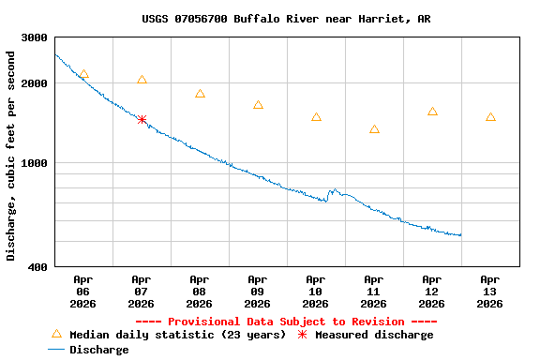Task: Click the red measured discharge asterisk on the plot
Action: pos(142,119)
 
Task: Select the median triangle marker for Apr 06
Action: pos(83,74)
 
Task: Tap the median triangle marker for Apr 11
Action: pos(374,129)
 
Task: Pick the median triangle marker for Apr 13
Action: pos(490,117)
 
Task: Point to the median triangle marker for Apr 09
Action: pos(258,105)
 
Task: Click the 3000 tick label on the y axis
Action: pos(35,37)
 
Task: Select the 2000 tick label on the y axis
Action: pos(35,83)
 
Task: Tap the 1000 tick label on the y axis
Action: pos(35,163)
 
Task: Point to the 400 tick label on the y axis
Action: pos(38,267)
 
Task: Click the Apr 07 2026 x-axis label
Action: pos(141,291)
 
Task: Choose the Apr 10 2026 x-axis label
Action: pos(315,291)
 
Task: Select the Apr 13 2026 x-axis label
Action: pos(489,291)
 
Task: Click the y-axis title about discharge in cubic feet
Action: pos(11,156)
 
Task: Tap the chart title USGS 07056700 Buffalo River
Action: pos(286,19)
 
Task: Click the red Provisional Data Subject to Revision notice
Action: pos(286,322)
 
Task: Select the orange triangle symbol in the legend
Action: pos(56,334)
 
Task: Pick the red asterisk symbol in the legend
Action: pos(302,335)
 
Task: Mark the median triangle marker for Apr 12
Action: pos(432,112)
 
